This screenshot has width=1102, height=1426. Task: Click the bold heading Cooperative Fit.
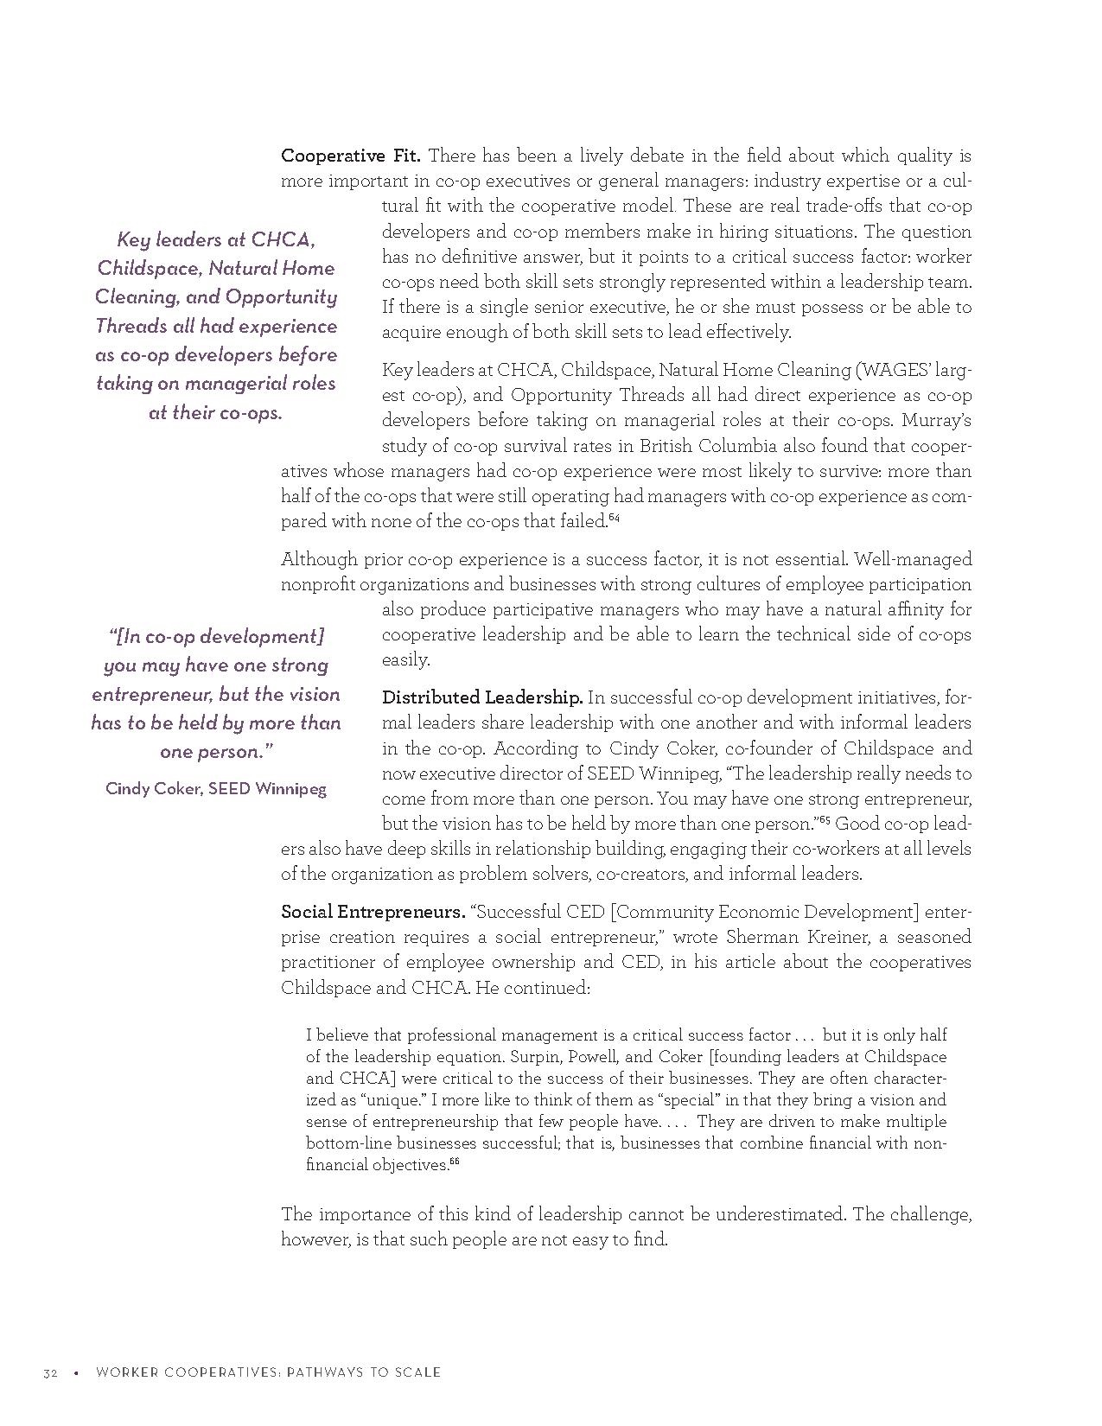tap(350, 156)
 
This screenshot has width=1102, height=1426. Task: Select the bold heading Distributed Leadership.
tap(482, 697)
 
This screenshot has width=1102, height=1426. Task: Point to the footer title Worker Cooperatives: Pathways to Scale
tap(268, 1372)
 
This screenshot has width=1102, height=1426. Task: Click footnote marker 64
tap(614, 517)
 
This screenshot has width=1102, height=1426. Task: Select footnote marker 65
tap(825, 819)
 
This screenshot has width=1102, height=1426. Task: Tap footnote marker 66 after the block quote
tap(454, 1161)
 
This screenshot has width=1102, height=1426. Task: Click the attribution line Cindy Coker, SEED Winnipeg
tap(216, 788)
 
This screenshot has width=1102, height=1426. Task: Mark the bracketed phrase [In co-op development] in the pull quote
tap(216, 637)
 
